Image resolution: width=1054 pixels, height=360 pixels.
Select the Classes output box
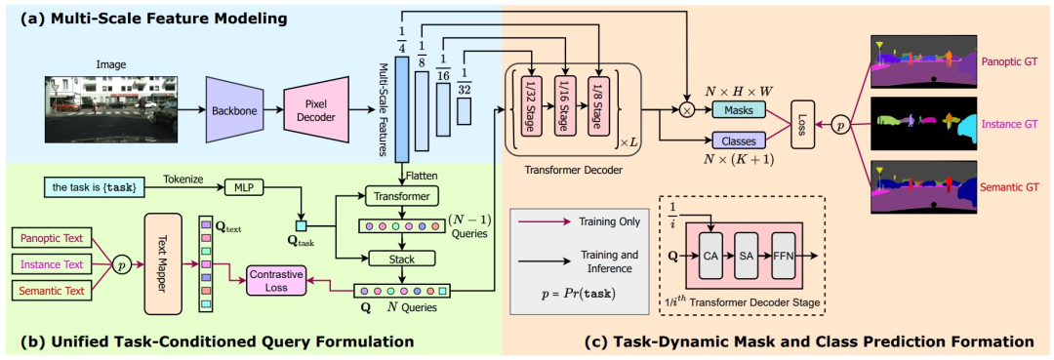pyautogui.click(x=739, y=140)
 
